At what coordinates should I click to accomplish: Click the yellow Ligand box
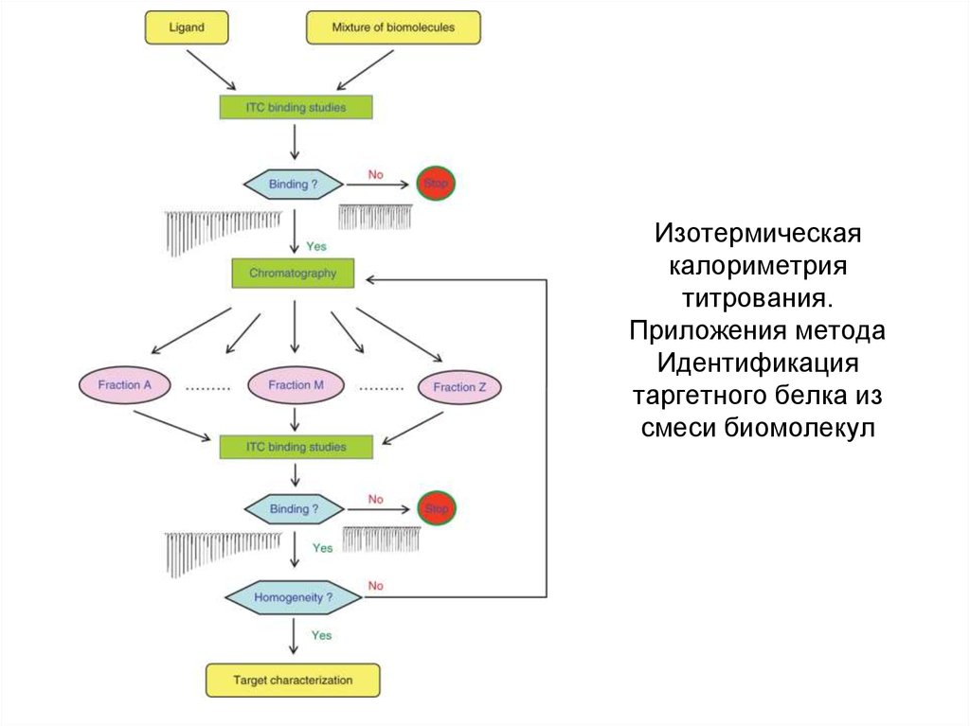(188, 28)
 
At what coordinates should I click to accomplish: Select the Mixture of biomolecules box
(393, 28)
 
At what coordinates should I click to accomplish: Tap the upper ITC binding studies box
(296, 108)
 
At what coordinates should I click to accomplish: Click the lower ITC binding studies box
(296, 447)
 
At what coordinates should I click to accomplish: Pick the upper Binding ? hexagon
(294, 185)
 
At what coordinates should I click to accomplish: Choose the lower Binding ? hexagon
(294, 509)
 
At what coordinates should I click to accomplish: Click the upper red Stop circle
(436, 184)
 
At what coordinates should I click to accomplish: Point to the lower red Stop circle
(437, 509)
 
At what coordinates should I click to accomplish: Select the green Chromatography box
(293, 274)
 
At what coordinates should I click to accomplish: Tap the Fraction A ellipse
(124, 385)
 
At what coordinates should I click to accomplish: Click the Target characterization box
(293, 681)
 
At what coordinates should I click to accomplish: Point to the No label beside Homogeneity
(376, 586)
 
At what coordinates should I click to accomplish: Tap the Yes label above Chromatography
(316, 246)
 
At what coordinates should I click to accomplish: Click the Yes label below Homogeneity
(322, 635)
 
